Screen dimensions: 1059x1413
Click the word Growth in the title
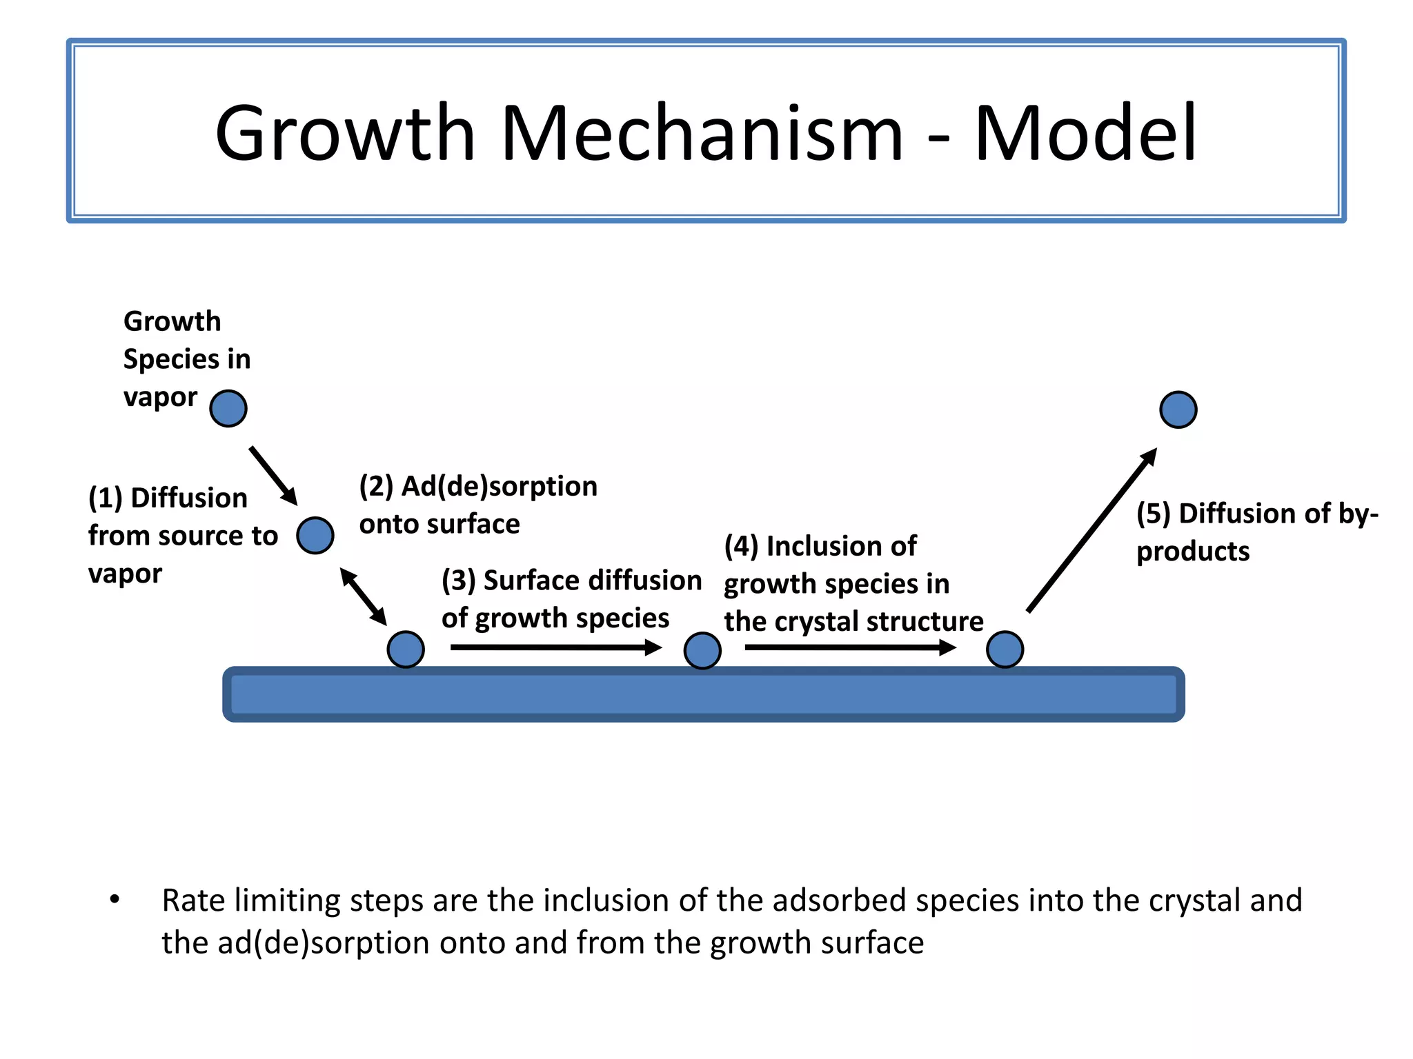coord(345,133)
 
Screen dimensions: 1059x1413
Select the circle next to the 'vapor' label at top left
coord(228,408)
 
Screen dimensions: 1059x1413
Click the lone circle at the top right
coord(1178,410)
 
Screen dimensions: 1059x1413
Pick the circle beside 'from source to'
coord(315,535)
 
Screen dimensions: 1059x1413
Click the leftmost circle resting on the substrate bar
coord(406,649)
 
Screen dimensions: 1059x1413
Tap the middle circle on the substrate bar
coord(702,650)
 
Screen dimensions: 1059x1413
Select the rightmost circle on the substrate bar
coord(1005,649)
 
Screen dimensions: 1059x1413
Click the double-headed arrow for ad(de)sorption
coord(364,596)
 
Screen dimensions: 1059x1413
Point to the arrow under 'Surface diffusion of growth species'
coord(555,647)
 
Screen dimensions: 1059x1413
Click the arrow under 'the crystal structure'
coord(850,647)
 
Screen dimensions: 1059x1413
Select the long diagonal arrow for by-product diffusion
coord(1091,529)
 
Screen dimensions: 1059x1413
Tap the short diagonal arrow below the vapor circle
coord(274,476)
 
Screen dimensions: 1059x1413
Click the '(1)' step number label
coord(106,498)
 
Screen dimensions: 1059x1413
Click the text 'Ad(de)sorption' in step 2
coord(499,486)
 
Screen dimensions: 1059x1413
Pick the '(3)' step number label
coord(459,581)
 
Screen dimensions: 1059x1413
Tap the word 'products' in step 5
coord(1193,552)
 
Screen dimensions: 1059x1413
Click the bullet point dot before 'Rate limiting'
coord(115,899)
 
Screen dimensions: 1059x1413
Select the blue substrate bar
coord(702,694)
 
